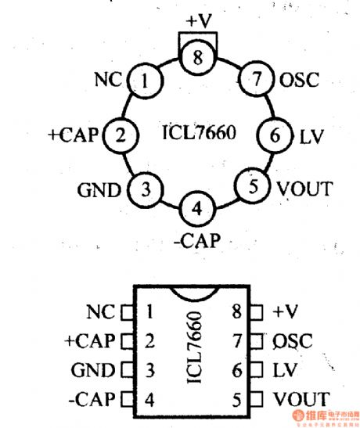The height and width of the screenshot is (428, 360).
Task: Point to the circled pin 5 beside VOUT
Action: pyautogui.click(x=251, y=187)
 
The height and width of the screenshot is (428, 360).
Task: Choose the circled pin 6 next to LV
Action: pyautogui.click(x=274, y=135)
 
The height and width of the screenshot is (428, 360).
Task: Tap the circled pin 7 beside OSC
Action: pyautogui.click(x=254, y=80)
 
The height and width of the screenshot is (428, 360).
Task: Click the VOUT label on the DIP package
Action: pyautogui.click(x=301, y=398)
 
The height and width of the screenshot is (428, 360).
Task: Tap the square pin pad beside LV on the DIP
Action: pyautogui.click(x=263, y=370)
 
